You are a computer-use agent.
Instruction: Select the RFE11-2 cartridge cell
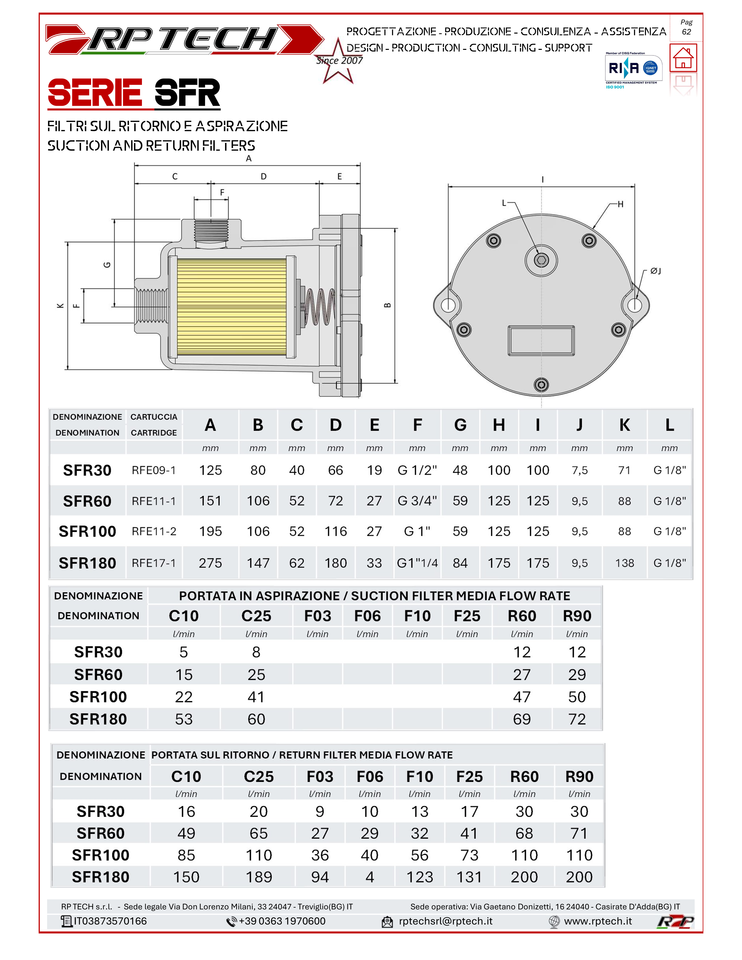pyautogui.click(x=154, y=531)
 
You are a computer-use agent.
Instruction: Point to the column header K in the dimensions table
pyautogui.click(x=624, y=425)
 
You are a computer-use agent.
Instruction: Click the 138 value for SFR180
pyautogui.click(x=624, y=563)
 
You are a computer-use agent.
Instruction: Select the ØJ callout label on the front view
pyautogui.click(x=655, y=271)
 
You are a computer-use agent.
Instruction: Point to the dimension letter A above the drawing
pyautogui.click(x=249, y=159)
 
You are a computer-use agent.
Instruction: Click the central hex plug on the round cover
pyautogui.click(x=541, y=260)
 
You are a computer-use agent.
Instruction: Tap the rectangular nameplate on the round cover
pyautogui.click(x=541, y=340)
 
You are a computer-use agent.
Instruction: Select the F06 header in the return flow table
pyautogui.click(x=370, y=777)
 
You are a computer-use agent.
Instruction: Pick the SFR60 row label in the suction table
pyautogui.click(x=98, y=674)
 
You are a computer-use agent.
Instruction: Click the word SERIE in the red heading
pyautogui.click(x=95, y=93)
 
